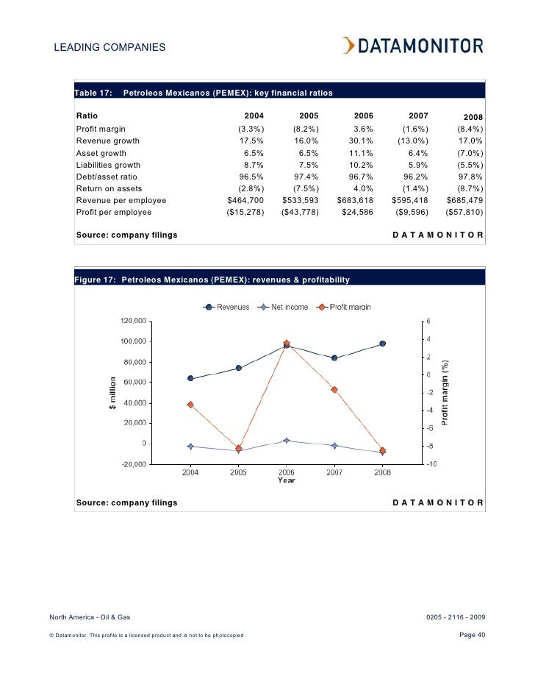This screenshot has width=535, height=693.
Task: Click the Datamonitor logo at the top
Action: (x=412, y=46)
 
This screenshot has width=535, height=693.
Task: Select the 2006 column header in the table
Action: (x=364, y=116)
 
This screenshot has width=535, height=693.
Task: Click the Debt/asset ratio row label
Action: (x=107, y=177)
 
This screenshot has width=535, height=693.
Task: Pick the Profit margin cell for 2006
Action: (x=363, y=129)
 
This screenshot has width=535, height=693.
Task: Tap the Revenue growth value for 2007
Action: (x=413, y=141)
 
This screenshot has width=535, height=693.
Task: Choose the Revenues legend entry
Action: (x=227, y=307)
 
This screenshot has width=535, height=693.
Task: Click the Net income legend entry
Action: (x=284, y=307)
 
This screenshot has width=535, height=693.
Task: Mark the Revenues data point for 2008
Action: (x=382, y=344)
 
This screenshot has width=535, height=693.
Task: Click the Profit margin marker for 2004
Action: (x=190, y=405)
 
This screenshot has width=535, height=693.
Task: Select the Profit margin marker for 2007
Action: (x=334, y=390)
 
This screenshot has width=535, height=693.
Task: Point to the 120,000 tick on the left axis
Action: (x=133, y=321)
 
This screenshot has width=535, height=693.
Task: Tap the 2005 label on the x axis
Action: (x=238, y=472)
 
